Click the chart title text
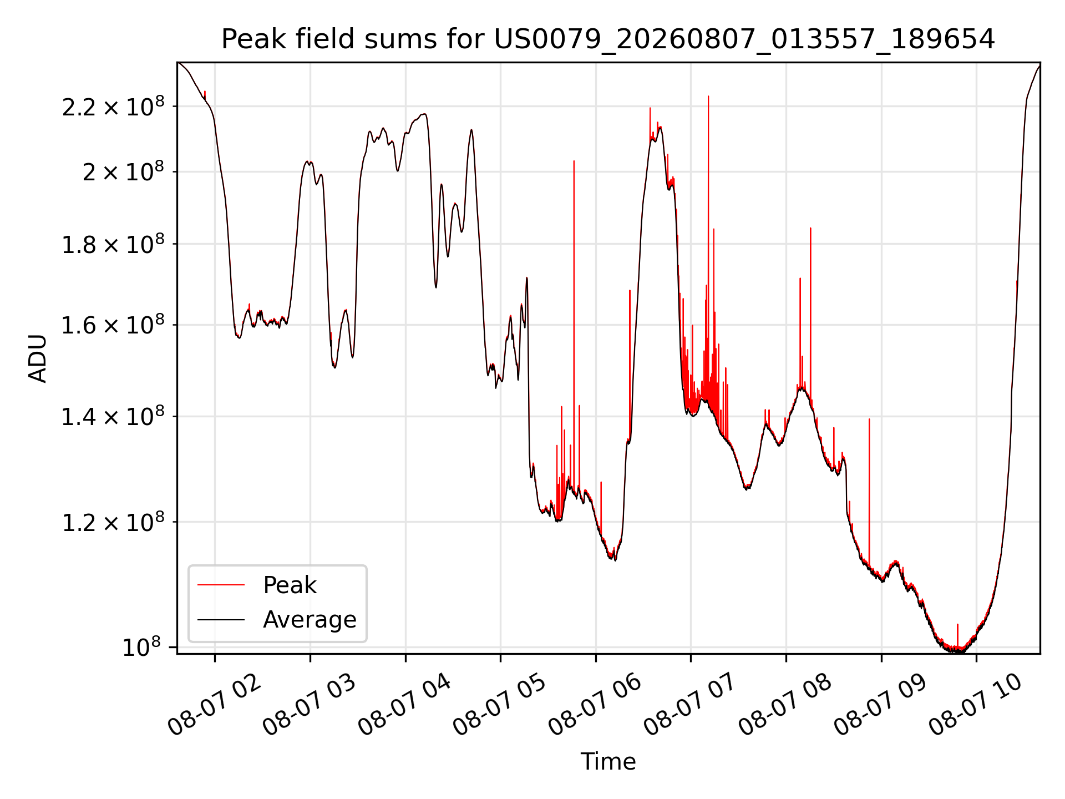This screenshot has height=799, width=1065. (x=608, y=39)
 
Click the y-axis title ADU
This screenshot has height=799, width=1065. (x=38, y=358)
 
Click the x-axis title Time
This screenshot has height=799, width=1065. (x=608, y=761)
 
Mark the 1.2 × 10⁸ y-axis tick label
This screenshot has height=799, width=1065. (x=113, y=521)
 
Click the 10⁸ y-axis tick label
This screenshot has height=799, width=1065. (x=141, y=646)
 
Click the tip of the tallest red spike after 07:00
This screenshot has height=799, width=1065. (x=708, y=96)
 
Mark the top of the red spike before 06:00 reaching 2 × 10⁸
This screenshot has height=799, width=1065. (x=574, y=161)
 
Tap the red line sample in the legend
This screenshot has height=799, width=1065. (x=221, y=585)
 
